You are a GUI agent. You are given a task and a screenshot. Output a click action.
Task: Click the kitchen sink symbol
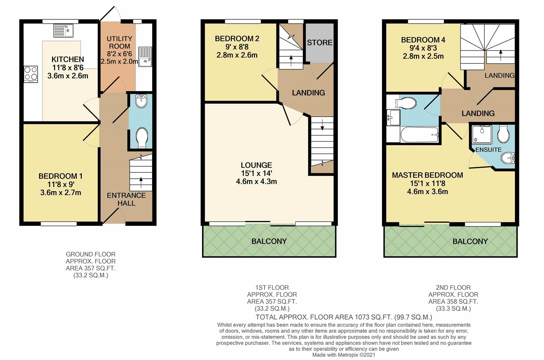(x=63, y=31)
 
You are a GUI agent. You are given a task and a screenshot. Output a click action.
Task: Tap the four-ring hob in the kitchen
(x=30, y=74)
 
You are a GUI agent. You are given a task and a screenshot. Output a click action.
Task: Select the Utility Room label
(x=119, y=42)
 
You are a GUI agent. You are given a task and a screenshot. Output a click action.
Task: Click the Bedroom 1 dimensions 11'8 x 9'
(x=60, y=184)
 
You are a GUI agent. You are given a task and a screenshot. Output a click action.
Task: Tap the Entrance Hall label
(x=126, y=199)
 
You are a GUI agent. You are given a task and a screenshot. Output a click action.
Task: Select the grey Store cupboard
(x=320, y=42)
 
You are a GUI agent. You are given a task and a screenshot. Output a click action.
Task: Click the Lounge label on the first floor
(x=256, y=165)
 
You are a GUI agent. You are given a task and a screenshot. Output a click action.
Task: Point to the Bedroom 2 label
(x=237, y=39)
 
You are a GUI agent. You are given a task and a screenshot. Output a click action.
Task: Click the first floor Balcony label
(x=269, y=241)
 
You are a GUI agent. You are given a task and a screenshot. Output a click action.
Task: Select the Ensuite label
(x=488, y=150)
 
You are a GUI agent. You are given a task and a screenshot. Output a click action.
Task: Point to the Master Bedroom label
(x=427, y=175)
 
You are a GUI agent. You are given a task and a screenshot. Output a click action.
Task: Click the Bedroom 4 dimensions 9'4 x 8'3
(x=423, y=48)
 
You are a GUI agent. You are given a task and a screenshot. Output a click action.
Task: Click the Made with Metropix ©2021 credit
(x=344, y=355)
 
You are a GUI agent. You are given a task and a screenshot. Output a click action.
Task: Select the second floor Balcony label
(x=470, y=241)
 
